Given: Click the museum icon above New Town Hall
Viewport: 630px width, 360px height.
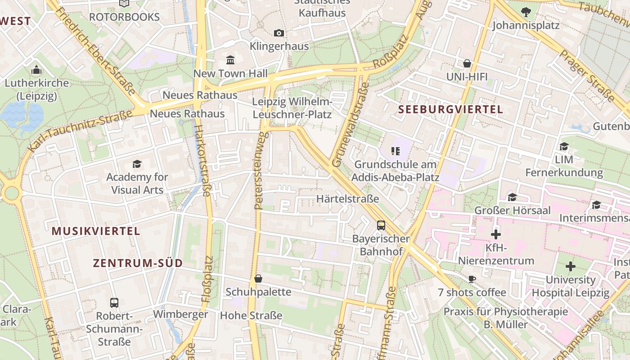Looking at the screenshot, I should (x=231, y=60).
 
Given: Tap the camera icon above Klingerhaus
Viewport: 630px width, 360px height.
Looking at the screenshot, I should (x=279, y=33).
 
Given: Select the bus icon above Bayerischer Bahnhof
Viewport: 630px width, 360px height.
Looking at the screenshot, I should (x=381, y=225).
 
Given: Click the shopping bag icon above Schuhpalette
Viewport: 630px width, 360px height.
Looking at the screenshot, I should (x=258, y=279).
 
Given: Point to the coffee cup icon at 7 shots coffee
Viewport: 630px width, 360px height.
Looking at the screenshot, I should (x=472, y=279).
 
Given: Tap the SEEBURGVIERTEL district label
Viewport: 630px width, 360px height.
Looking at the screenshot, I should (x=450, y=109).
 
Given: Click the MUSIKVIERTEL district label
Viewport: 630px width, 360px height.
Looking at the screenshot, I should (x=96, y=231).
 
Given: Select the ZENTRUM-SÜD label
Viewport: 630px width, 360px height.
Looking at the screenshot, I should (x=138, y=263).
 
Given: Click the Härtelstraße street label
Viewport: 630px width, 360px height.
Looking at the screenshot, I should (x=348, y=198).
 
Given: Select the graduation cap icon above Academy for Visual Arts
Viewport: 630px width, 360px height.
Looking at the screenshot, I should (x=137, y=164).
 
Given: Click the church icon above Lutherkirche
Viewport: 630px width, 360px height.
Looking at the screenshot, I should (x=36, y=70).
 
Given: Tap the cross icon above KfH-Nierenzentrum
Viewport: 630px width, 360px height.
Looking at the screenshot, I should (x=496, y=234).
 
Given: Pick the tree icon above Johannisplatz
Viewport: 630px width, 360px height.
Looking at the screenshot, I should (x=526, y=12).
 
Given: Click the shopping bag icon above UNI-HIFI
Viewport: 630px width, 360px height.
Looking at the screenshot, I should (x=467, y=63).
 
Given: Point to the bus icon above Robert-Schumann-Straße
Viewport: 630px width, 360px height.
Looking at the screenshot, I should (x=114, y=302).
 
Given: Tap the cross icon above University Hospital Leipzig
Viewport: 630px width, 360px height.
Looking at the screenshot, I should (x=571, y=266).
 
